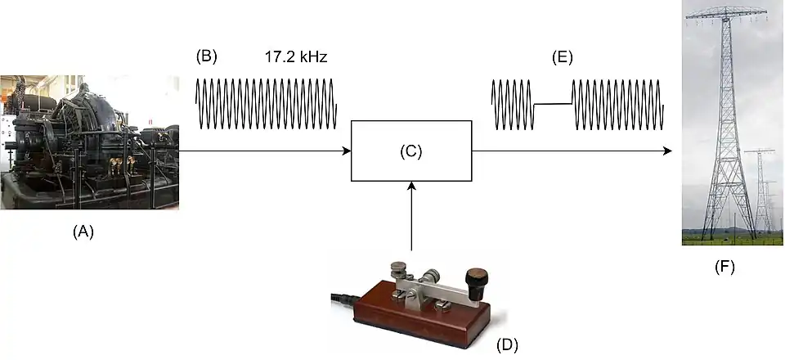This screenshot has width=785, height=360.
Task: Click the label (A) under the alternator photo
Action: [x=83, y=232]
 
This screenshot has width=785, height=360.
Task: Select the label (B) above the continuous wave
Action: [x=207, y=57]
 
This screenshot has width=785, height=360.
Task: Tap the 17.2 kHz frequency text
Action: [x=295, y=57]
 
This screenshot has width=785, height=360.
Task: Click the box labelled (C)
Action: [x=411, y=151]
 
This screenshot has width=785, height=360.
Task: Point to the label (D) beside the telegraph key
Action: [x=508, y=344]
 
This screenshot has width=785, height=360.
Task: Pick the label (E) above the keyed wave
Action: [x=562, y=57]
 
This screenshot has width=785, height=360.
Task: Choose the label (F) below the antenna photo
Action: [x=724, y=266]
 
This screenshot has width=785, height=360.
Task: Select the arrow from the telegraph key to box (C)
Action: [x=411, y=217]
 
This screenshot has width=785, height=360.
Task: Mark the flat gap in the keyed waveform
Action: [x=552, y=104]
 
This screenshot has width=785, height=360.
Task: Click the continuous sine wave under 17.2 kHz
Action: [x=266, y=103]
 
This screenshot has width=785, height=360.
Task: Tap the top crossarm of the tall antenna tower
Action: [x=726, y=13]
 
